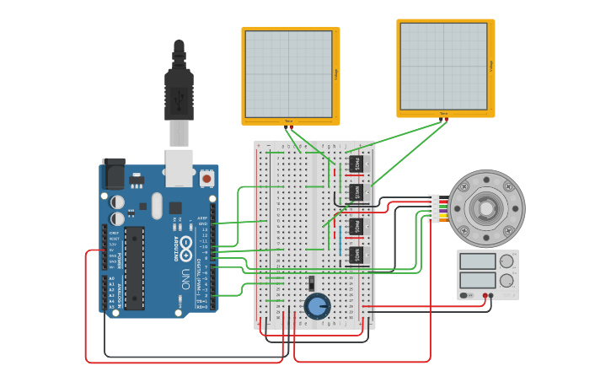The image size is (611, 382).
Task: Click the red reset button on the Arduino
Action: tap(206, 179)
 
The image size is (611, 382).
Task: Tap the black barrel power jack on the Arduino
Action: tap(114, 174)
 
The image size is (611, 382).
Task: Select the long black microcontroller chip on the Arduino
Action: tap(134, 267)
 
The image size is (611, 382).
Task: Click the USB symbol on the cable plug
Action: tap(179, 100)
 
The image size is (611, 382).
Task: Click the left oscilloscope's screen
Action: tap(289, 74)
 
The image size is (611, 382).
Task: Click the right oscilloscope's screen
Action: tap(443, 66)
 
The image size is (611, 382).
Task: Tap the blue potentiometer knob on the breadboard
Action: tap(317, 306)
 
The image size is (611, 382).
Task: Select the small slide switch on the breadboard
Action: tap(311, 283)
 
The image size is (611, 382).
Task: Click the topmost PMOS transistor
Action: tap(356, 164)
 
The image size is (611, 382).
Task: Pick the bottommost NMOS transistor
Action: tap(356, 254)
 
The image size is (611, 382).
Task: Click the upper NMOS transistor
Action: tap(356, 193)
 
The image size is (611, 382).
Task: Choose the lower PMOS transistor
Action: tap(356, 226)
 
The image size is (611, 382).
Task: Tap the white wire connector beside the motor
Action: tap(433, 208)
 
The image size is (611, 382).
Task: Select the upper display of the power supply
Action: tap(478, 261)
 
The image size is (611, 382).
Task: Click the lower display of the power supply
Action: tap(478, 280)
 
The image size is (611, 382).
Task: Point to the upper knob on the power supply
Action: tap(506, 261)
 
